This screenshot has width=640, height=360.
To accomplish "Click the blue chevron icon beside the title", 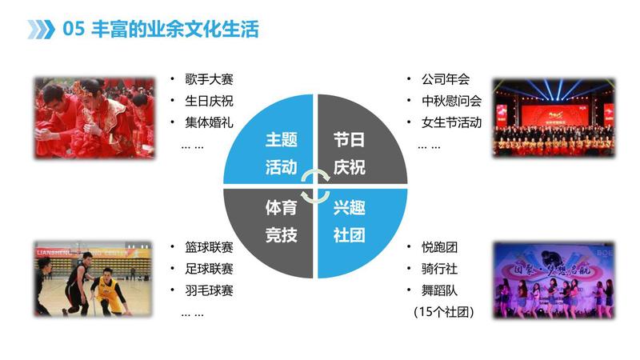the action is pos(42,30).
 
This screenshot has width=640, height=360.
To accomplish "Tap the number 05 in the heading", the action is pos(74,29).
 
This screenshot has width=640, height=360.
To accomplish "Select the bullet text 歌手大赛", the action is pos(209,79).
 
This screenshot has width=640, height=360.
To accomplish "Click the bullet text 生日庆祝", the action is pos(209,101).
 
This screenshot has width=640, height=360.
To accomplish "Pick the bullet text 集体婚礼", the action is pos(209,122).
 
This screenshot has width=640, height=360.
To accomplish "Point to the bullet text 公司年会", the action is pos(446,79).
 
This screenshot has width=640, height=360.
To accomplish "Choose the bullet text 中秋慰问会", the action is pos(452,101).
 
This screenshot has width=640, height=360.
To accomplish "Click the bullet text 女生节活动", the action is pos(452,122).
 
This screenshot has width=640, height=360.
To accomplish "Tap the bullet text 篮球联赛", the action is pos(209,247).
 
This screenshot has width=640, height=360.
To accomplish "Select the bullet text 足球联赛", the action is pos(209,269).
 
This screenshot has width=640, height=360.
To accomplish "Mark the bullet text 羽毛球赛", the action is pos(209,290).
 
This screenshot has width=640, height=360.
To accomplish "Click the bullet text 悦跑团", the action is pos(439,247).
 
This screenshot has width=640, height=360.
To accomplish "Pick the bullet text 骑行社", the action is pos(439,269).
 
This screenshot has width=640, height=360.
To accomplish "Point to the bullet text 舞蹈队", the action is pos(439,290).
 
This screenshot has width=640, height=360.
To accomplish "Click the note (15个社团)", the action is pos(444,312).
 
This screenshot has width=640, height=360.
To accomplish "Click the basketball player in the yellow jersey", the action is pos(109,290).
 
